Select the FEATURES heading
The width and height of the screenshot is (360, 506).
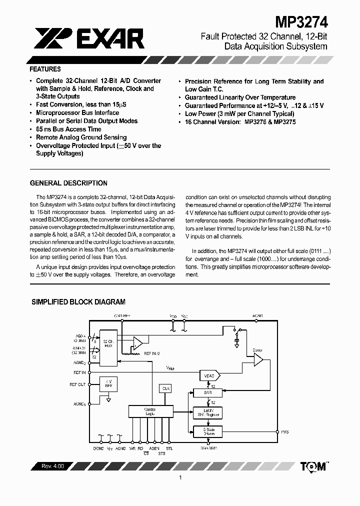[45, 69]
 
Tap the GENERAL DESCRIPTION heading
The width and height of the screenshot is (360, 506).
[68, 183]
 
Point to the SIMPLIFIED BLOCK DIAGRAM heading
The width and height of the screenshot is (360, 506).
[78, 302]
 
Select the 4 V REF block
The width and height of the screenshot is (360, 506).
[108, 384]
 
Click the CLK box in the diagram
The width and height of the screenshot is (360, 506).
[165, 388]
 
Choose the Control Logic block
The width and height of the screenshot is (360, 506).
[149, 411]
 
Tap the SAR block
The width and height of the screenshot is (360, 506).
[208, 393]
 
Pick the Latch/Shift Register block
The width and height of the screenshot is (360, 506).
[208, 412]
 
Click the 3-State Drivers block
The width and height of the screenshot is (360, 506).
[208, 431]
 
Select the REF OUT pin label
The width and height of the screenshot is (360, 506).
[77, 384]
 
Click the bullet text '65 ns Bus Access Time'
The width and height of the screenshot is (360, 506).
[68, 129]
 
